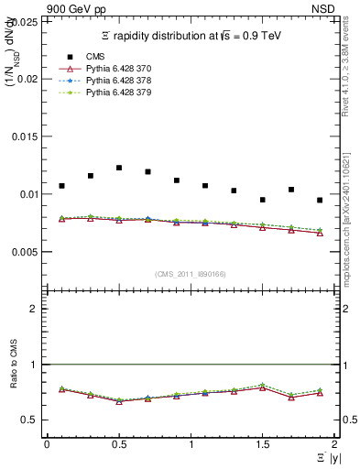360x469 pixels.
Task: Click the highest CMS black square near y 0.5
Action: point(119,168)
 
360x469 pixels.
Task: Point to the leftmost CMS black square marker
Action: point(61,186)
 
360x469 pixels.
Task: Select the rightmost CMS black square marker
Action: point(320,200)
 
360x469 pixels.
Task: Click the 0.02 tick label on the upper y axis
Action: point(28,80)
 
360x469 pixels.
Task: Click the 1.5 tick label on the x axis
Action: point(262,443)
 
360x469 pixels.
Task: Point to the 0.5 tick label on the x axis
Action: point(118,443)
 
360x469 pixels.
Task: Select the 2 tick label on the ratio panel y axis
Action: point(35,309)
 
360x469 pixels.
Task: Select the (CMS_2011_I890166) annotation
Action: point(191,273)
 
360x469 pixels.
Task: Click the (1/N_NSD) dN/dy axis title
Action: point(12,61)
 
